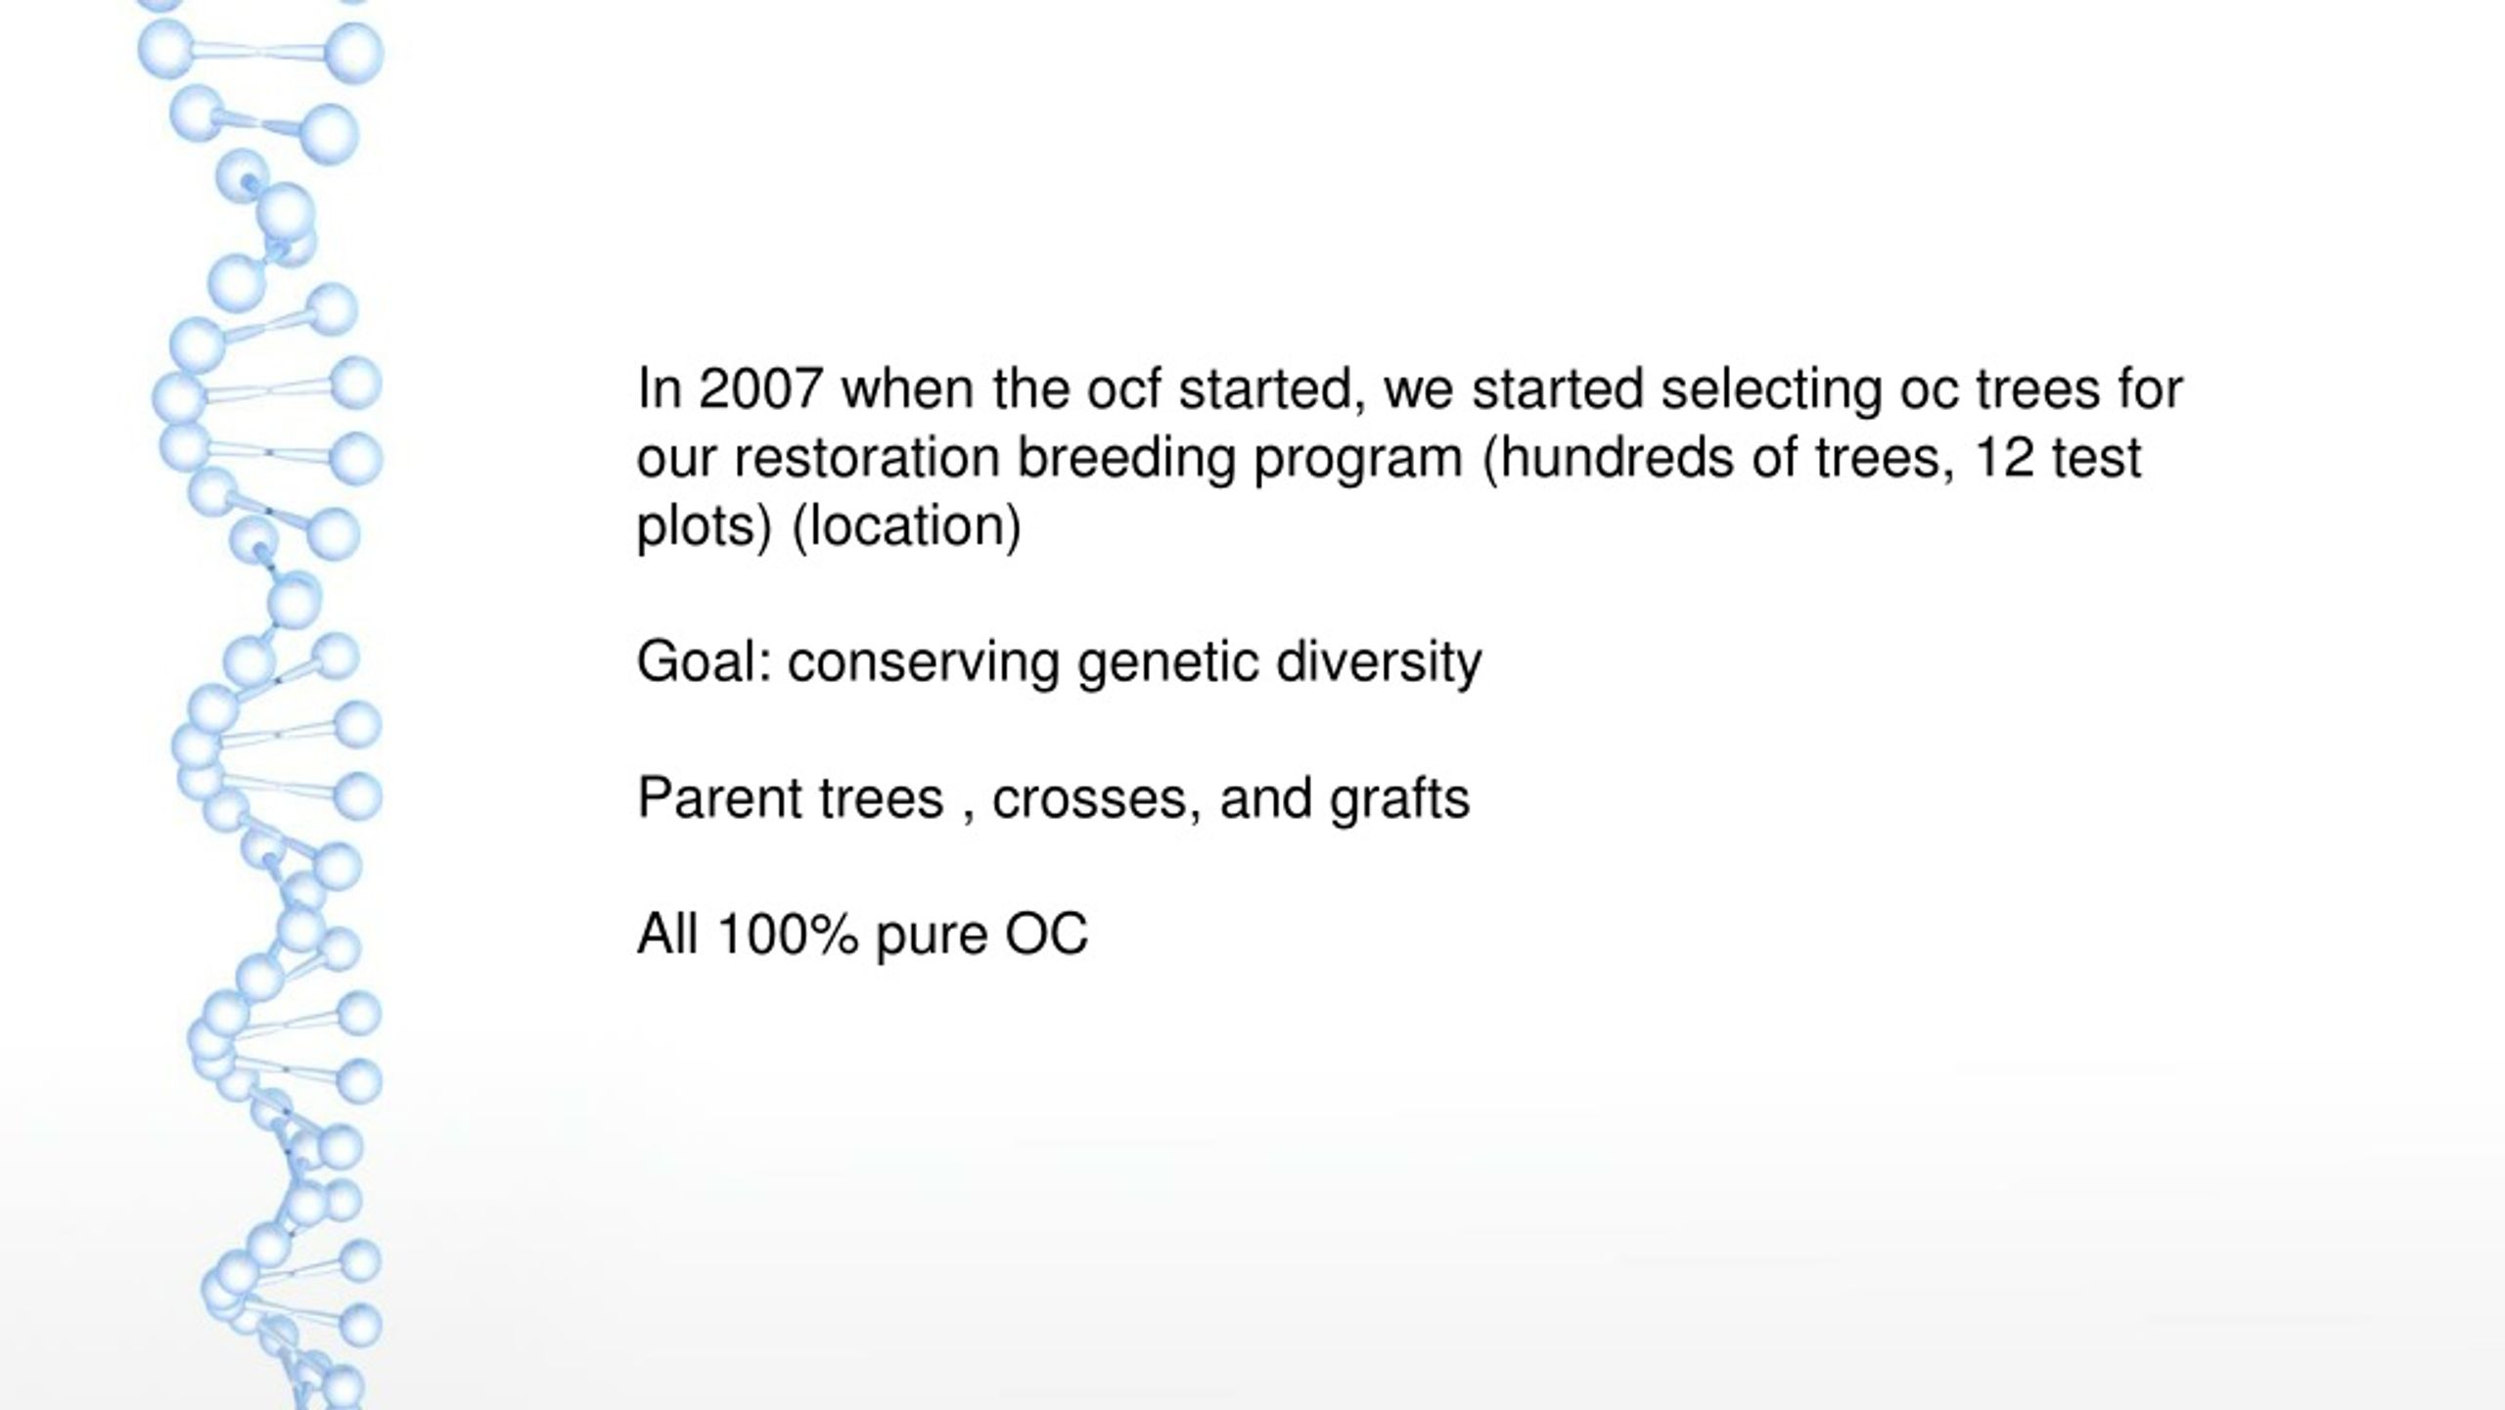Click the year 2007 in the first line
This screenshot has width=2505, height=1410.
(x=759, y=388)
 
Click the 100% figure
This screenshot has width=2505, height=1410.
(x=788, y=933)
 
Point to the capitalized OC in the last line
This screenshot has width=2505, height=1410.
(x=1046, y=933)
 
